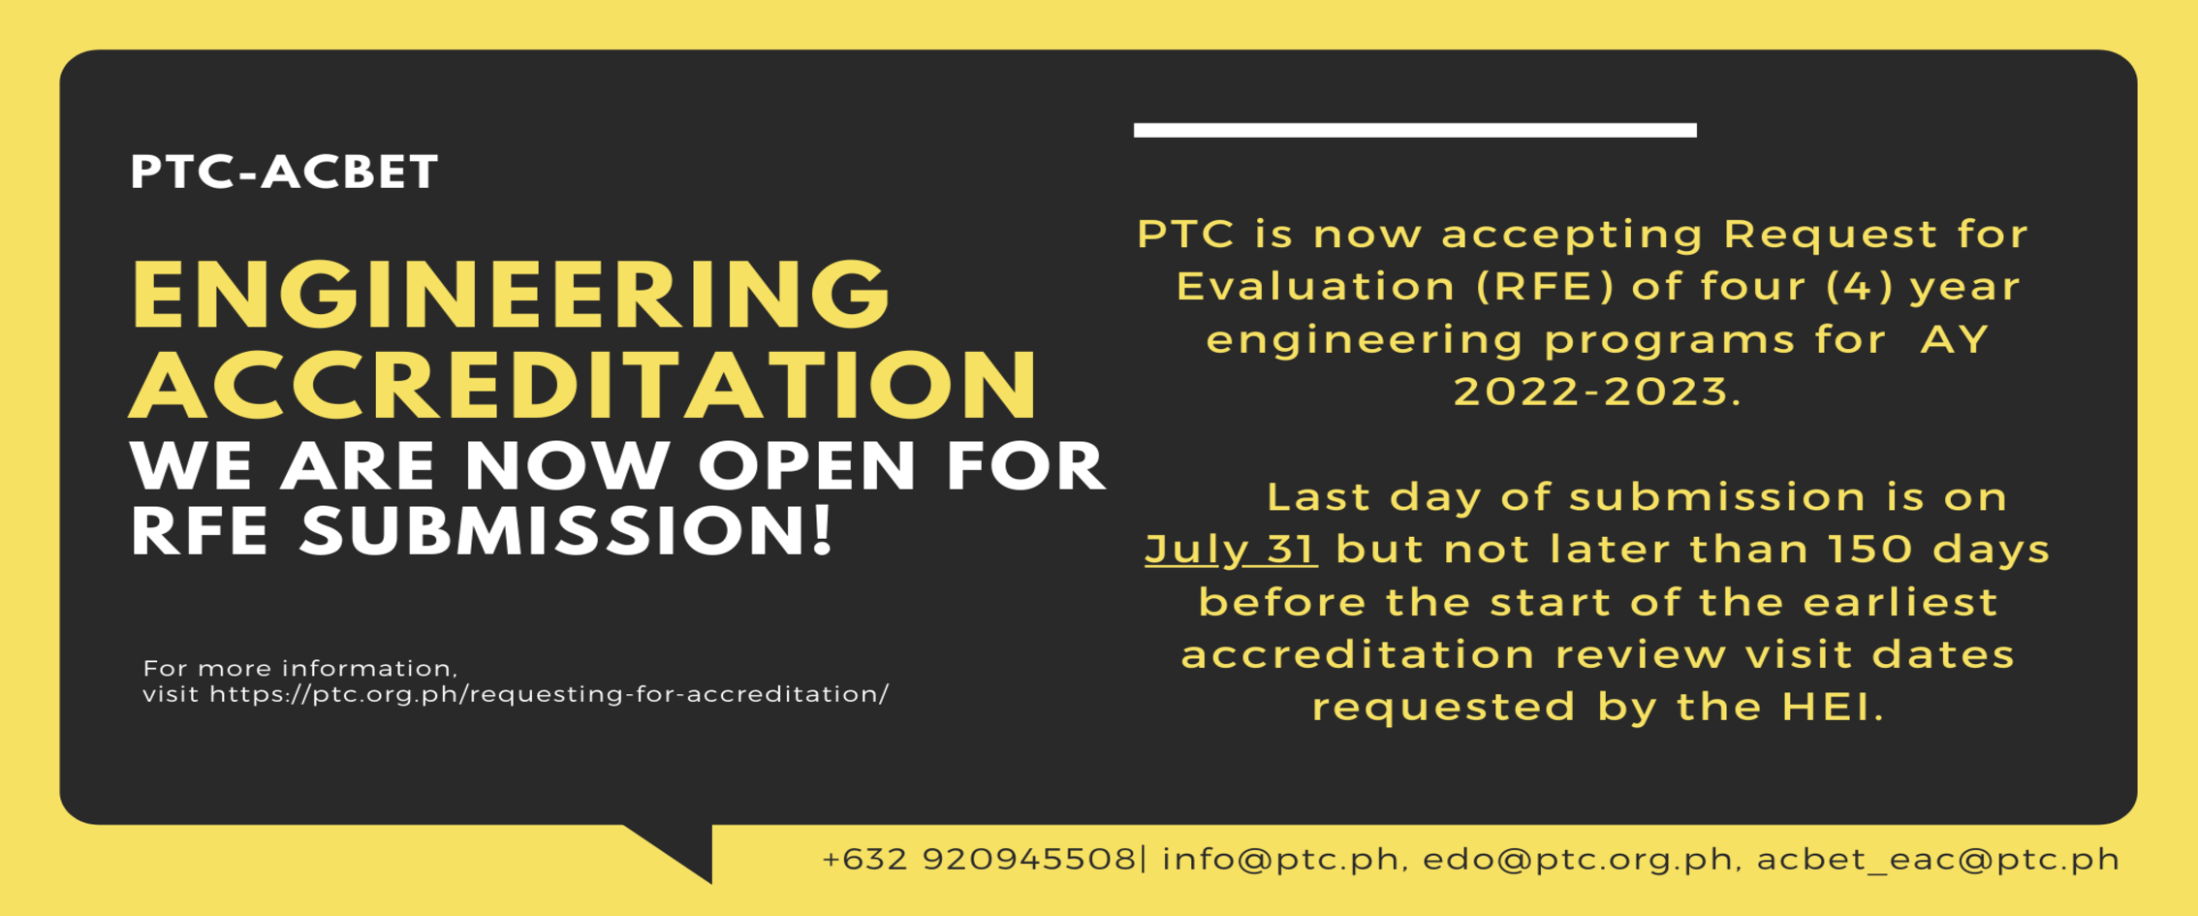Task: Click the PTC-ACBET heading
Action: (284, 172)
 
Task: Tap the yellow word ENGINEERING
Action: (511, 295)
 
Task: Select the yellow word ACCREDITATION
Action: (584, 385)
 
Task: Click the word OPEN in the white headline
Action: (806, 467)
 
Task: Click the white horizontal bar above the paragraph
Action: (1414, 130)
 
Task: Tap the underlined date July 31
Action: (1230, 549)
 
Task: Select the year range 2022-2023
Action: (1596, 392)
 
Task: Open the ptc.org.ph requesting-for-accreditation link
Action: (549, 695)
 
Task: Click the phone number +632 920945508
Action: (979, 860)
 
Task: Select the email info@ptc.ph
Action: (1281, 860)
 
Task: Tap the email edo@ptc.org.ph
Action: (1578, 860)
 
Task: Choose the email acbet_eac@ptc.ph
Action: (1938, 860)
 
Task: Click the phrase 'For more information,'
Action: (300, 668)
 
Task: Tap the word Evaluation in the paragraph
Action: (1315, 287)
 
